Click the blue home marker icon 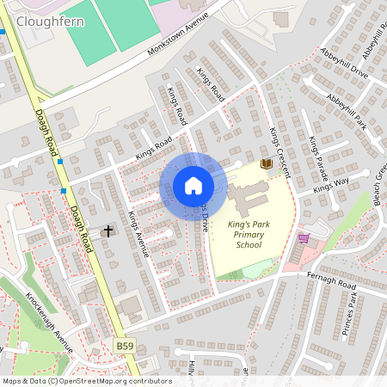(x=193, y=186)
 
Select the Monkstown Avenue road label (x=178, y=40)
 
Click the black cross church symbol (x=108, y=230)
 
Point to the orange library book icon (x=267, y=163)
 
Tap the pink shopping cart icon (x=303, y=238)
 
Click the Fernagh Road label (x=330, y=279)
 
